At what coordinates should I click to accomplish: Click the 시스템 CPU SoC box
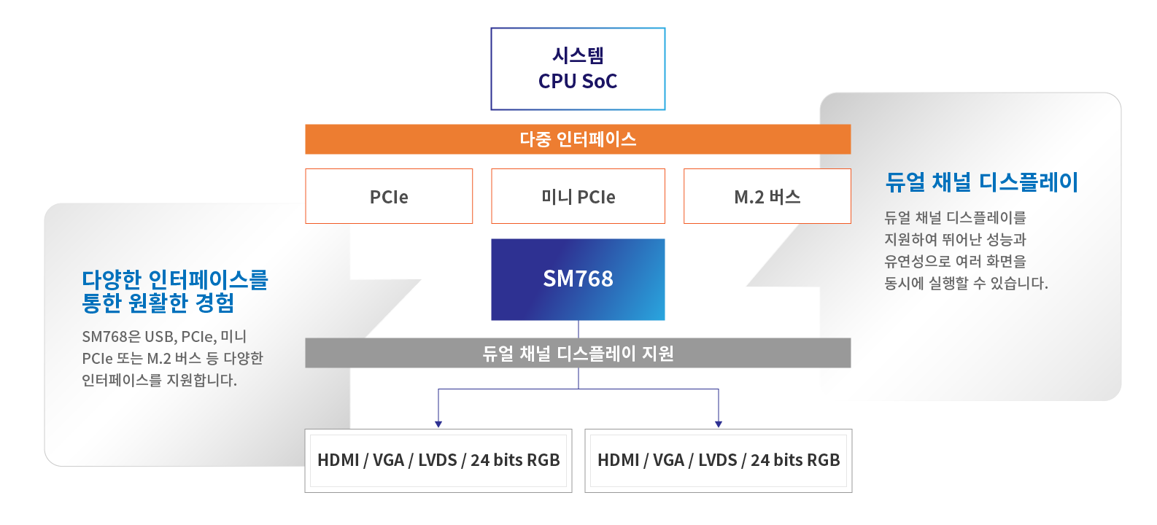tap(578, 69)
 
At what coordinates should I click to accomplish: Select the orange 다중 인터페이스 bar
tap(578, 139)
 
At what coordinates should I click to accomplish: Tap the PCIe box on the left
tap(389, 196)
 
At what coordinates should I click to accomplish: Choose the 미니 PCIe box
tap(578, 196)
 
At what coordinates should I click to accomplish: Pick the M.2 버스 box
tap(767, 196)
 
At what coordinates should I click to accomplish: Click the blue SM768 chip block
tap(578, 279)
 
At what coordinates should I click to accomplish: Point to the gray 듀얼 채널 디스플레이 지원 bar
tap(578, 354)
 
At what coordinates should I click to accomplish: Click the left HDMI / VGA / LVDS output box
tap(438, 460)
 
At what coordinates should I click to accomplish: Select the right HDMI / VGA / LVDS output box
tap(719, 460)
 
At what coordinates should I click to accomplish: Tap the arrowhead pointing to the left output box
tap(438, 423)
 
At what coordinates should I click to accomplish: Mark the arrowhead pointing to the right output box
tap(719, 423)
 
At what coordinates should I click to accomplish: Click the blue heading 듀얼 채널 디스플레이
tap(981, 182)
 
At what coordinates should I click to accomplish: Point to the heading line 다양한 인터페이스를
tap(175, 279)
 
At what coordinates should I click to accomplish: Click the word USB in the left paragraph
tap(160, 337)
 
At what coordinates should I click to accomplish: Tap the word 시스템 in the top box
tap(578, 55)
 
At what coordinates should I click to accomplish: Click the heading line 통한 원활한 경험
tap(158, 303)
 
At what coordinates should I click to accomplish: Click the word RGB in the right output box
tap(824, 460)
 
